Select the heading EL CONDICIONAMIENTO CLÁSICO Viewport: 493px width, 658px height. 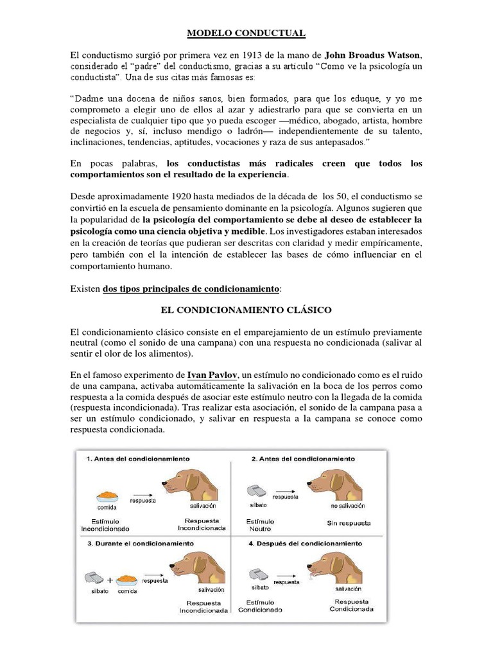click(246, 310)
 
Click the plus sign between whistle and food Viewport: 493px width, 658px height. click(110, 580)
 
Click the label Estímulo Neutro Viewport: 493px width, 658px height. click(260, 525)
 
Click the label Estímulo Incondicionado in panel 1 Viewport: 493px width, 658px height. click(105, 525)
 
